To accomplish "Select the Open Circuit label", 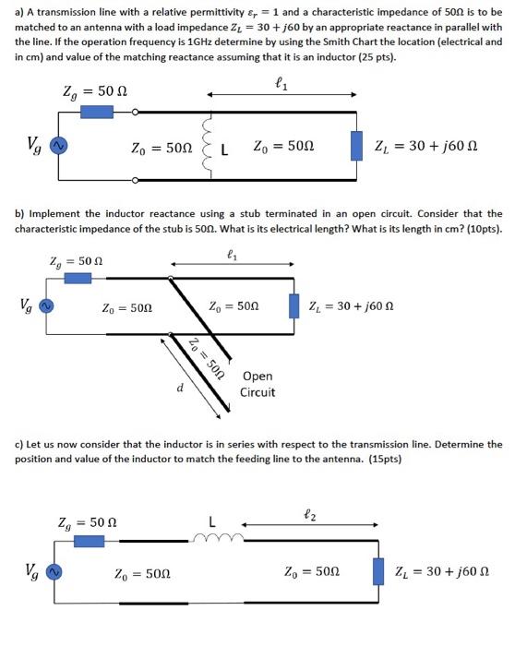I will coord(257,384).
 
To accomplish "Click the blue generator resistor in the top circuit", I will coord(96,112).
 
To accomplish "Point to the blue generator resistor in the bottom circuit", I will coord(89,541).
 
